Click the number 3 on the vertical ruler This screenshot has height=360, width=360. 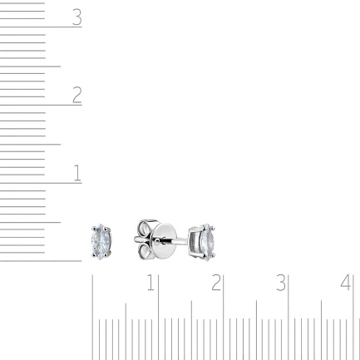(x=77, y=17)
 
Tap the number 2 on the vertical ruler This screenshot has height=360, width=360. (x=77, y=95)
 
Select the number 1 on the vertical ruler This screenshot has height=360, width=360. (x=77, y=173)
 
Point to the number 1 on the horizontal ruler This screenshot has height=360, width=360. (x=150, y=283)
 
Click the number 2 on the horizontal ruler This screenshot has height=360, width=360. (x=216, y=283)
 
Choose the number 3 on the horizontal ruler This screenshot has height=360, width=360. (x=281, y=283)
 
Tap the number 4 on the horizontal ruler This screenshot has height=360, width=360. (x=346, y=283)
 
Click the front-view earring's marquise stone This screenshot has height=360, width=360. (x=101, y=241)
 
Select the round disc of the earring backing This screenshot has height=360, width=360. (x=164, y=240)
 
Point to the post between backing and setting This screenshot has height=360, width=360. (x=181, y=242)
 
